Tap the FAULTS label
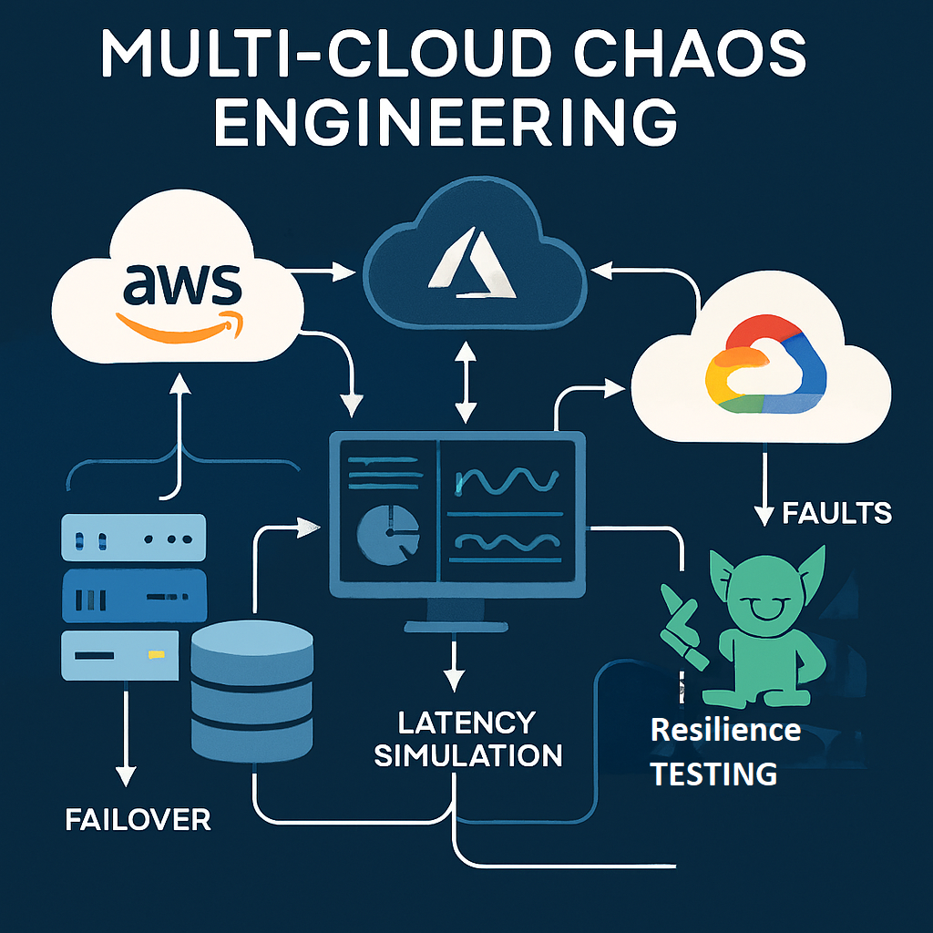(836, 514)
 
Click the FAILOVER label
(138, 819)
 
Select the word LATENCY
(466, 723)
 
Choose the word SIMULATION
(467, 755)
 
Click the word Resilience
(725, 730)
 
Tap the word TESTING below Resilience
(713, 774)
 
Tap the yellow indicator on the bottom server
(157, 654)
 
